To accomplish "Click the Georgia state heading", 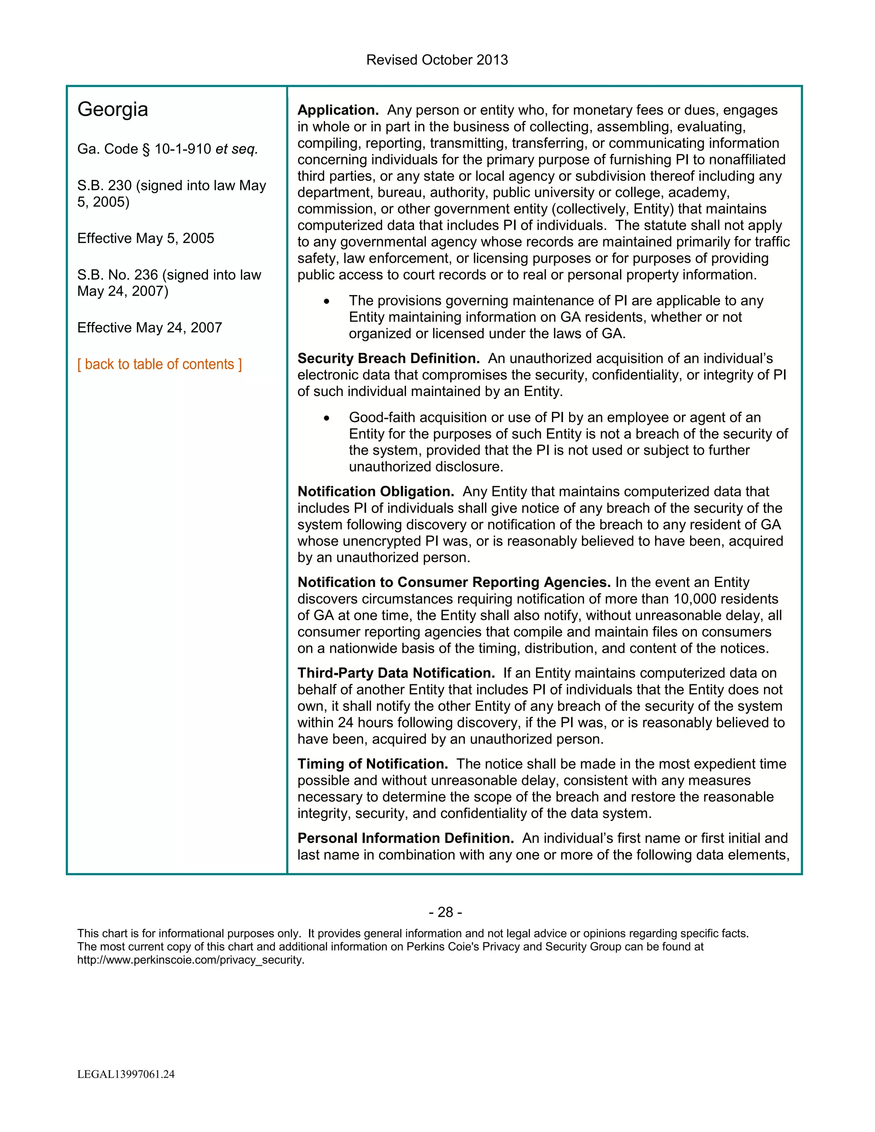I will [x=112, y=109].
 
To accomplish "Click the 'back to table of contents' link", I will [x=159, y=364].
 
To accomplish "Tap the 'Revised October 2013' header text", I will [x=437, y=60].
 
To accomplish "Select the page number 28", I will [x=445, y=912].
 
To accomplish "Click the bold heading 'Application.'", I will [x=338, y=110].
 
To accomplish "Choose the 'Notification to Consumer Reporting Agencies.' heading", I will [x=454, y=582].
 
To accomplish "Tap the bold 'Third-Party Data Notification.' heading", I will [x=396, y=673].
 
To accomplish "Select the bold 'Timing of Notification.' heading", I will [x=373, y=764].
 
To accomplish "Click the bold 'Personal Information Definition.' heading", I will [x=405, y=838].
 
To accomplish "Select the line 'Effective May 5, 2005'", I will [x=146, y=238].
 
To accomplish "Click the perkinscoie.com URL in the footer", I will [x=191, y=960].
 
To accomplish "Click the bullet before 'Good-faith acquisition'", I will [x=326, y=418].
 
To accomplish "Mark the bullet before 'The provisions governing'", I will [x=326, y=301].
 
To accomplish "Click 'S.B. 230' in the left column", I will [x=104, y=185].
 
